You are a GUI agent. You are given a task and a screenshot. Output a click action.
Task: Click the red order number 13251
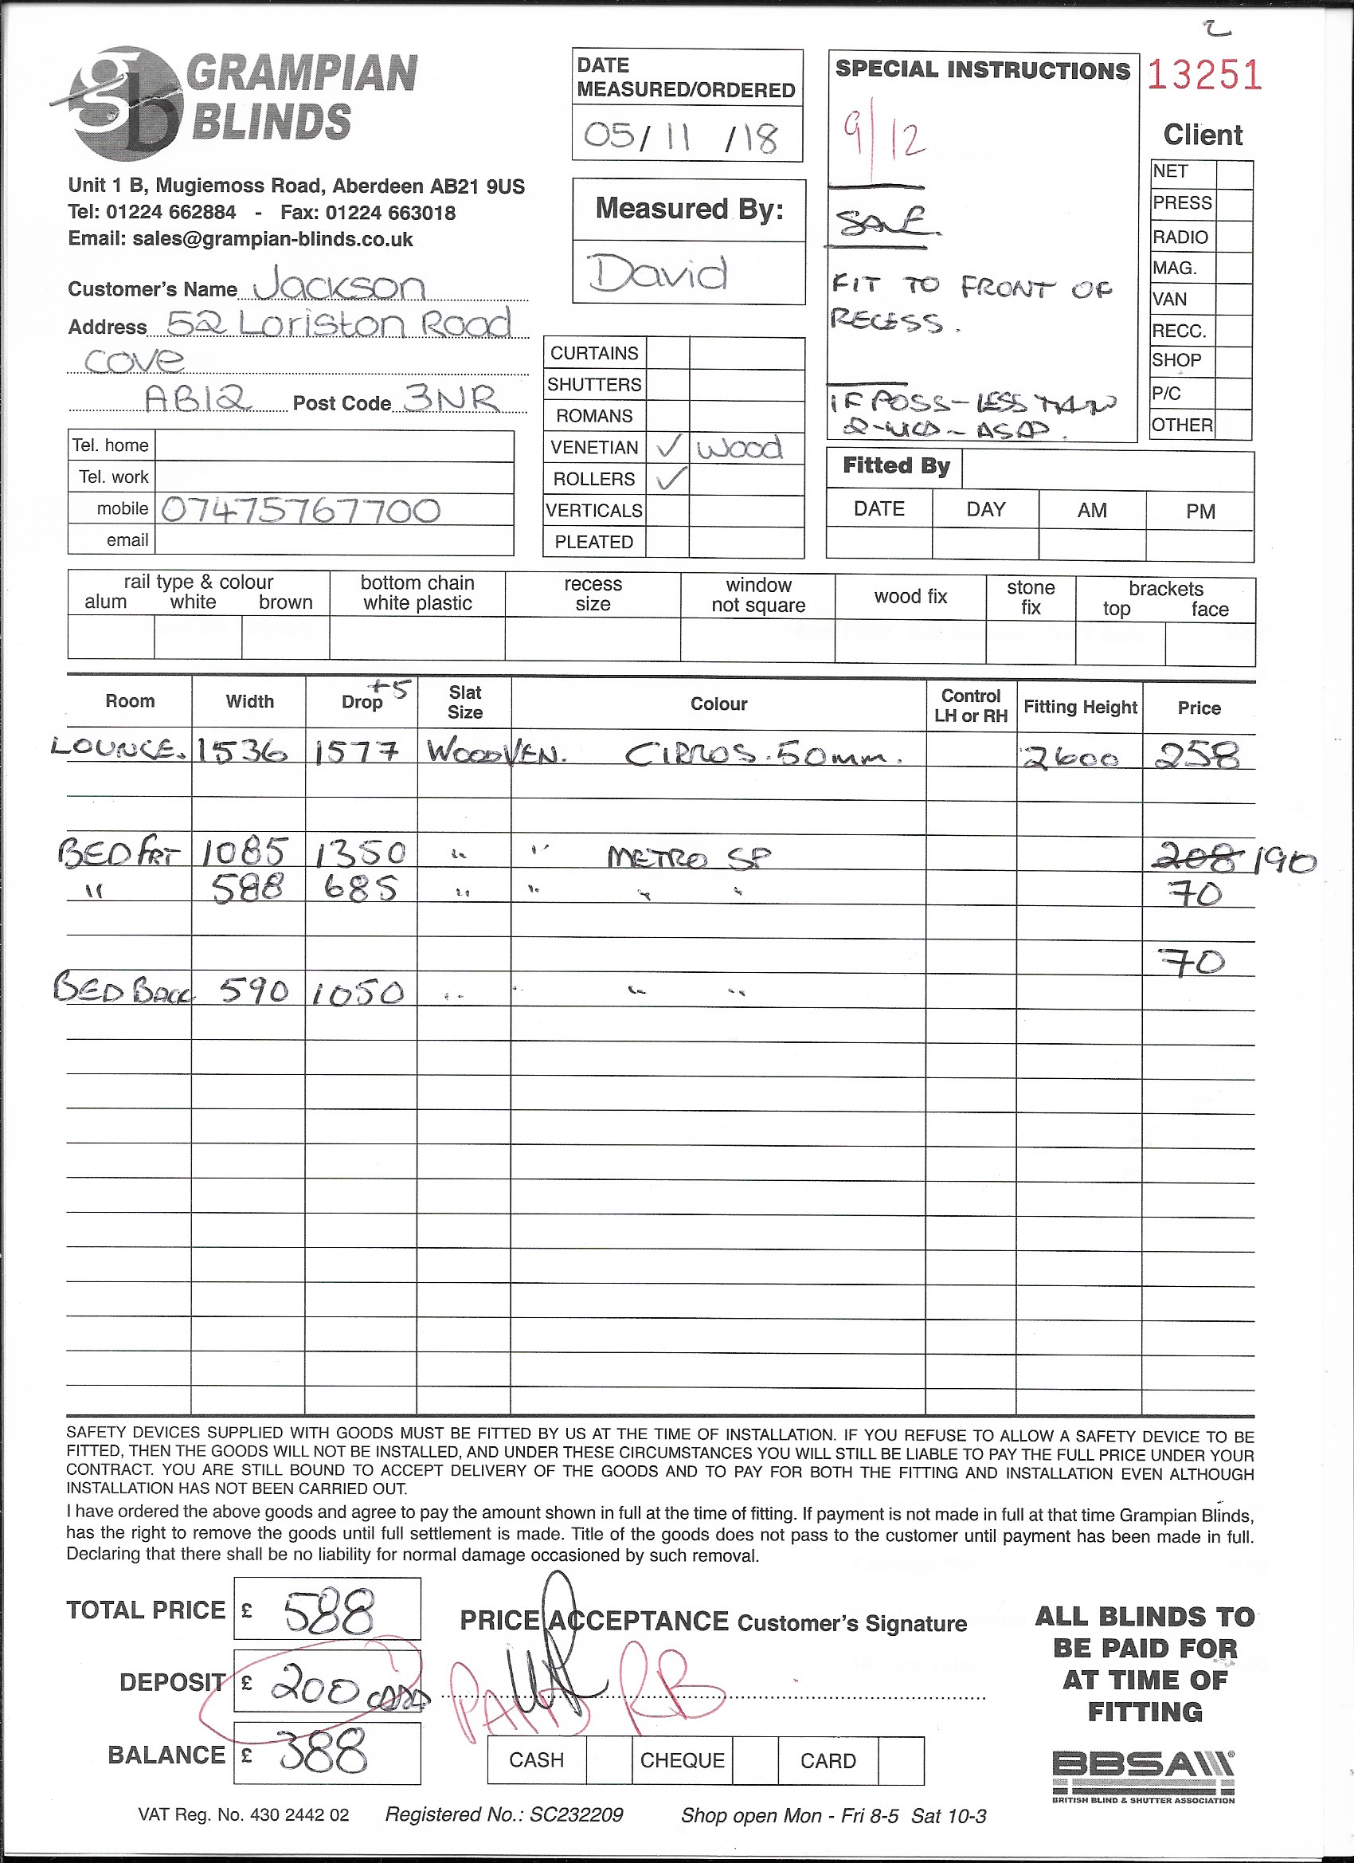(1203, 76)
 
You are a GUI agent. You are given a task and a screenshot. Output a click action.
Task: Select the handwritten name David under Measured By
(658, 273)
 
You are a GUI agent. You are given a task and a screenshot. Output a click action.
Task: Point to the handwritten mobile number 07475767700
(300, 510)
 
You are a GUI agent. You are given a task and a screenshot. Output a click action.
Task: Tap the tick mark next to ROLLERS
(671, 478)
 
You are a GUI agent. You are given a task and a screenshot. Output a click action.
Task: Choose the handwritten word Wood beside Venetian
(739, 449)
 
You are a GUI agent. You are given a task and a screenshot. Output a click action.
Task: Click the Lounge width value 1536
(242, 751)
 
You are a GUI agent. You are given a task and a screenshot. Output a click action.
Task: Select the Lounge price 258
(1197, 754)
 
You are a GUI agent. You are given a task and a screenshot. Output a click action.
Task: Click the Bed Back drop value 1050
(359, 992)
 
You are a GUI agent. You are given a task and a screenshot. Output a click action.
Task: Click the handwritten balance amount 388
(323, 1754)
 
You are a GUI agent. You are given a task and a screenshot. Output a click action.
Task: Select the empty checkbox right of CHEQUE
(754, 1760)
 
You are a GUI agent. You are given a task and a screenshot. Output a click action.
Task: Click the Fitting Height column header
(1080, 707)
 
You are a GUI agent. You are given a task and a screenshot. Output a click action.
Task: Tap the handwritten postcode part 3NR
(452, 398)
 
